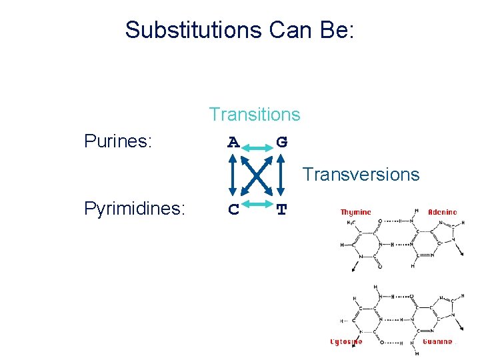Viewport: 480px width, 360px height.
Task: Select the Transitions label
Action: [254, 115]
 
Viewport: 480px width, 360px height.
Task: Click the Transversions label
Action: [361, 175]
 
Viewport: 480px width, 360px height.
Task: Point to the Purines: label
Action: [118, 141]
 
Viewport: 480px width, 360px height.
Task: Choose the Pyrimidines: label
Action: [134, 209]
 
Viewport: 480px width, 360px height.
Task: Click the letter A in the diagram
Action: [233, 143]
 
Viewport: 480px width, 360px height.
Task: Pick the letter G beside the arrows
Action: [282, 143]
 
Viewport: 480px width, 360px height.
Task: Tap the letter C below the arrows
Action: [233, 210]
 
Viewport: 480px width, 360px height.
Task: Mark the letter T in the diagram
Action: [282, 210]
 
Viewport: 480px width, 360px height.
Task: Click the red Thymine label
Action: [355, 212]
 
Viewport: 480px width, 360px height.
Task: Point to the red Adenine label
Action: [442, 212]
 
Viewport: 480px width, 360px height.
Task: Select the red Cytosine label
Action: [347, 342]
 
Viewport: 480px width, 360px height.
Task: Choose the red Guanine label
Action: [437, 342]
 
